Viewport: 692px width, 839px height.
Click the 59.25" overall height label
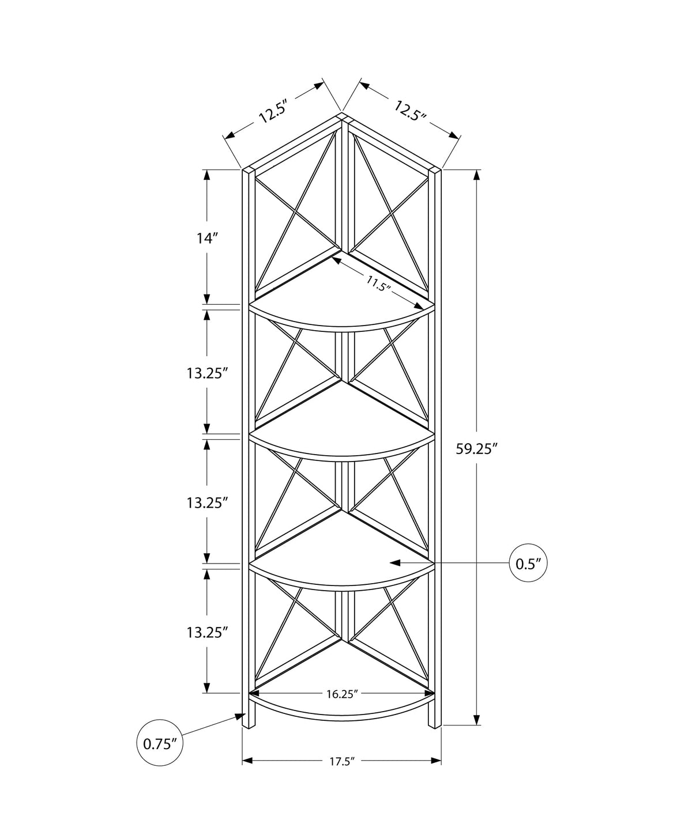(476, 449)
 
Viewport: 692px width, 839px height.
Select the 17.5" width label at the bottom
(341, 761)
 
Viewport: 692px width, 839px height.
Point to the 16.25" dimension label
(343, 694)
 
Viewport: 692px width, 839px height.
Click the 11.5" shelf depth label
(378, 284)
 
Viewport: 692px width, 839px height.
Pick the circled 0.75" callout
(159, 744)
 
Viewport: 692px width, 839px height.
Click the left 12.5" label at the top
(273, 111)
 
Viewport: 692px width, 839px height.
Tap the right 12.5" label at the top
(410, 110)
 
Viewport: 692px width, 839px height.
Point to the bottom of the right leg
(434, 726)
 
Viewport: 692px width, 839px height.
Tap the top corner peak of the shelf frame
(343, 116)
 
